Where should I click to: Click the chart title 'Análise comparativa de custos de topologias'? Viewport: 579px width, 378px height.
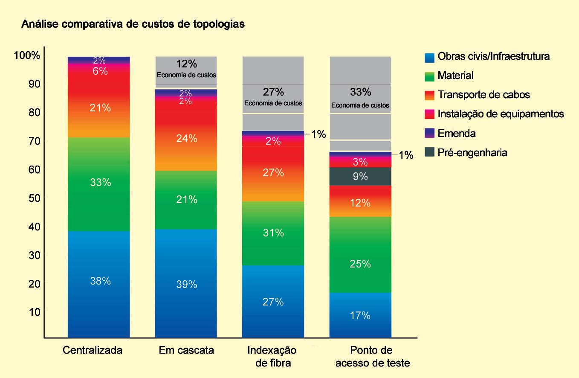tap(133, 24)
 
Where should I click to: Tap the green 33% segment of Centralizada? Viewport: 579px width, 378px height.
tap(99, 183)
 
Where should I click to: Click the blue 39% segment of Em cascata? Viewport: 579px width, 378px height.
tap(186, 284)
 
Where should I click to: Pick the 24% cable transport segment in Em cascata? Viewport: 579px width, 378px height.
tap(186, 139)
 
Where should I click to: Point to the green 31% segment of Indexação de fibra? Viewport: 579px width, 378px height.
tap(273, 233)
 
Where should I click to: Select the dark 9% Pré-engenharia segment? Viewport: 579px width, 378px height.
tap(360, 176)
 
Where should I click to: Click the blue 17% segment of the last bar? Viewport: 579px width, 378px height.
tap(360, 316)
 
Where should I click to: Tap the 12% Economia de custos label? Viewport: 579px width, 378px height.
tap(186, 68)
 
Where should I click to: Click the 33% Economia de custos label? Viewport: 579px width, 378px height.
tap(360, 97)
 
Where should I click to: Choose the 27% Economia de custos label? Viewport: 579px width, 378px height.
tap(273, 96)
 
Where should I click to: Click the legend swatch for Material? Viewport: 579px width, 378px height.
tap(430, 76)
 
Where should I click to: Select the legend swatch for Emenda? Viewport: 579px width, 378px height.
tap(430, 134)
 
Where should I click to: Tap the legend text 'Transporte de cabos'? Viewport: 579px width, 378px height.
tap(483, 95)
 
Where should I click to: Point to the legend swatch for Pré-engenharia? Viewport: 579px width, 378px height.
tap(430, 153)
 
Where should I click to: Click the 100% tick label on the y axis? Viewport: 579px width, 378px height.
tap(27, 56)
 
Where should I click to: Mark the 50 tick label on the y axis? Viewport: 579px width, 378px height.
tap(35, 198)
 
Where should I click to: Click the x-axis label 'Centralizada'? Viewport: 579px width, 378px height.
tap(93, 351)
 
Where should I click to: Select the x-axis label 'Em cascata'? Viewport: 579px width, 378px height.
tap(186, 351)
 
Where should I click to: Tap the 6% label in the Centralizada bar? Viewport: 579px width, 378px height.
tap(100, 71)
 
